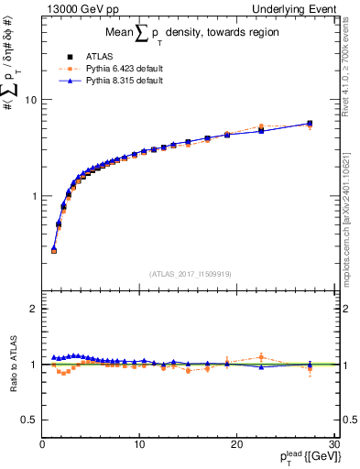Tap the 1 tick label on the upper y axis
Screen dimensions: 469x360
pyautogui.click(x=33, y=196)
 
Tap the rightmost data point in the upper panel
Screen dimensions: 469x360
pyautogui.click(x=310, y=124)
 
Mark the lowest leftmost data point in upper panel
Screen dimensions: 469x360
pyautogui.click(x=54, y=249)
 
